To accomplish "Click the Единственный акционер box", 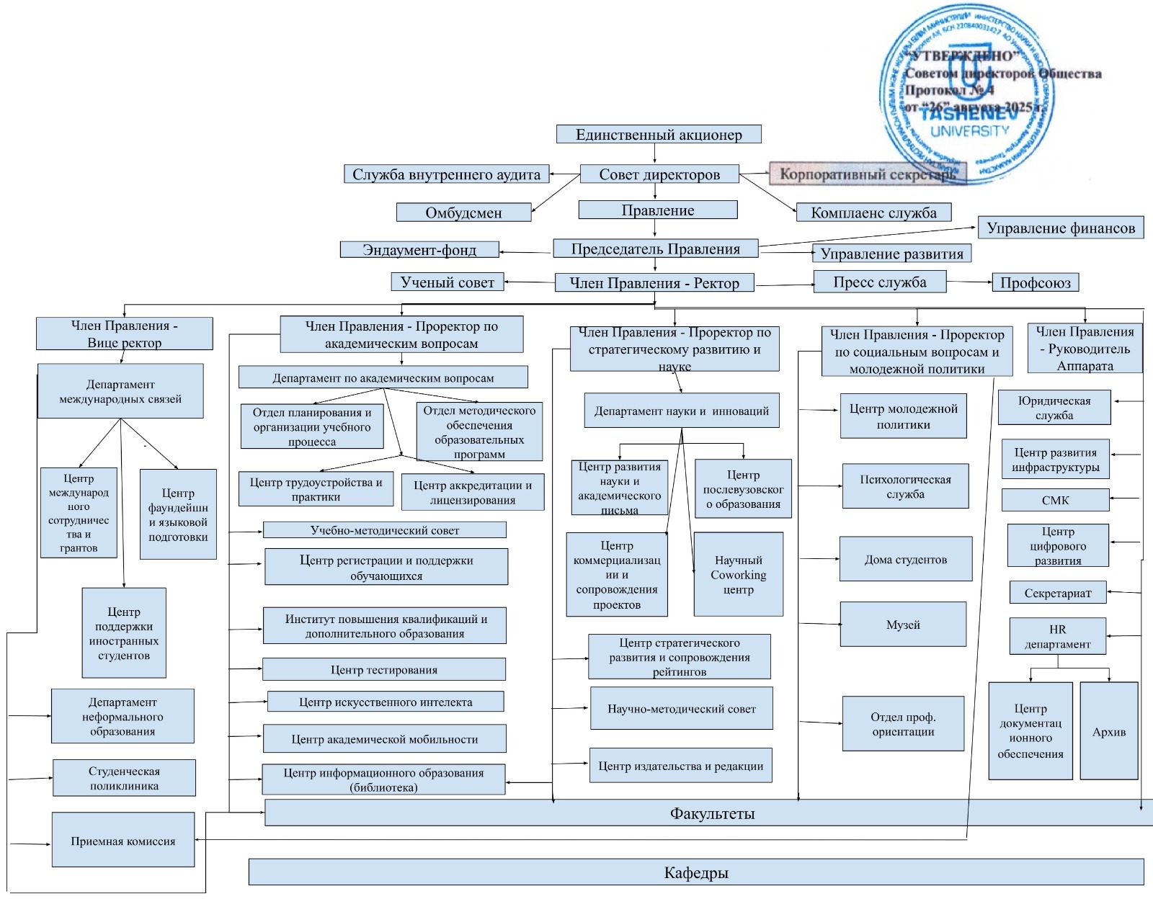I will [659, 134].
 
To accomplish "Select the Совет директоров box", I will [659, 174].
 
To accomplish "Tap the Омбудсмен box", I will [463, 213].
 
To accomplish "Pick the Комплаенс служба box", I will [873, 213].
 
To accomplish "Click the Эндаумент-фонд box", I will [419, 250].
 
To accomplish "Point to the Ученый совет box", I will [448, 282].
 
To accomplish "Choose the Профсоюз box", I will [1035, 282].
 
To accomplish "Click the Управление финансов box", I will [1060, 228].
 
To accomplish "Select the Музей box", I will [903, 625].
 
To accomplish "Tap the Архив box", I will [1108, 731].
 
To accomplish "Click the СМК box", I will [1055, 500].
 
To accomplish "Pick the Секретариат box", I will [1057, 593].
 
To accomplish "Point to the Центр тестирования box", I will [383, 669].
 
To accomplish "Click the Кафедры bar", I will [695, 872].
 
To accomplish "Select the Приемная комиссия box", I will [123, 841].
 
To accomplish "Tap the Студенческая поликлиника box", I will [124, 778].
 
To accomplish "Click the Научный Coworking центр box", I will [738, 574].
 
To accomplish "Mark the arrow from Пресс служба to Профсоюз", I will [969, 282].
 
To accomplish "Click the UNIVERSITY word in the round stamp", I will [969, 131].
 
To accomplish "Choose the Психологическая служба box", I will [905, 486].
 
